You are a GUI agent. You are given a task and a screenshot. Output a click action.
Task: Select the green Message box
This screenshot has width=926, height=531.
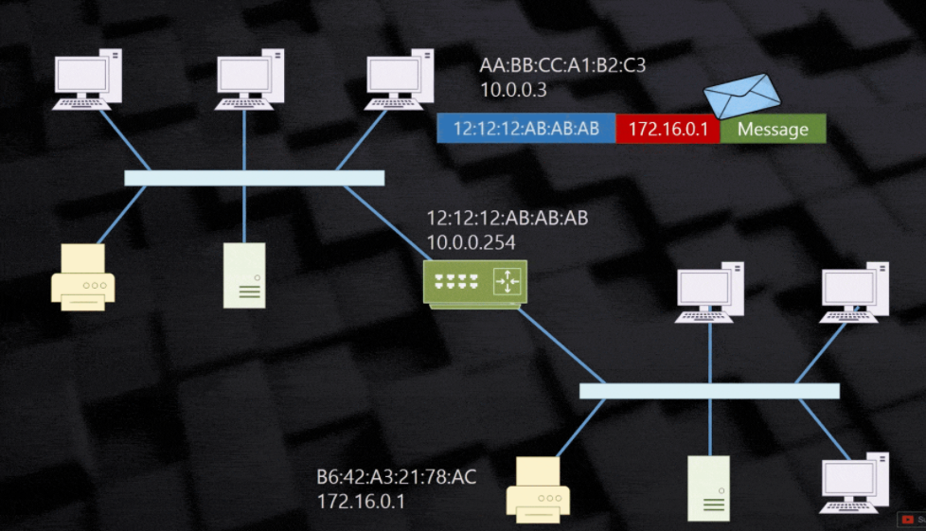coord(773,130)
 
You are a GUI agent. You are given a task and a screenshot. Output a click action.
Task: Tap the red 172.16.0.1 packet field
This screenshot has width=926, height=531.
coord(668,130)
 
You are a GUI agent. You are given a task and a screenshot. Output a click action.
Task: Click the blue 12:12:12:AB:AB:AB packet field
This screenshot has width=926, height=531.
coord(526,130)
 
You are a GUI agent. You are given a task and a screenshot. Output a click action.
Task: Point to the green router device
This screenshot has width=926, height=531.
coord(474,282)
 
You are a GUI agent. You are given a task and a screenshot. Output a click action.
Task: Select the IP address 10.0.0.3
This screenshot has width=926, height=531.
coord(513,90)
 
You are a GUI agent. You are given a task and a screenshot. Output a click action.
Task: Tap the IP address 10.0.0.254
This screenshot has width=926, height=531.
coord(471,242)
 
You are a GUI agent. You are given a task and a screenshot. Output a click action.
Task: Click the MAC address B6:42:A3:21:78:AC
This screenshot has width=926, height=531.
coord(397,476)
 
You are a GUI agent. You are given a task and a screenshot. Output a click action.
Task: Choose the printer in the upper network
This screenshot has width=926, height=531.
coord(82,276)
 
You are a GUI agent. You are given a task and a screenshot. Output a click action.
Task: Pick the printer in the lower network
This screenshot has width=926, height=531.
coord(538,490)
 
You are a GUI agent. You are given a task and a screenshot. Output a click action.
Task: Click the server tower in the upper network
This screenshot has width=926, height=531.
coord(244,275)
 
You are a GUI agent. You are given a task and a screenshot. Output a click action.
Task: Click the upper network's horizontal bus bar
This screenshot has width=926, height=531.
coord(254,178)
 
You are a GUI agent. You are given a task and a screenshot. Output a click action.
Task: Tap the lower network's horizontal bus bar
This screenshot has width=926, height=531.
coord(709,391)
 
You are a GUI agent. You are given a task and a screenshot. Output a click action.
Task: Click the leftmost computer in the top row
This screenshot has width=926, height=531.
coord(87,80)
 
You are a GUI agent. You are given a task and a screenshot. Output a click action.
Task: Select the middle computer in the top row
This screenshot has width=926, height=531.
coord(249,80)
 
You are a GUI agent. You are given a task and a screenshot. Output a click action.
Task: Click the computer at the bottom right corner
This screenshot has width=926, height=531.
coord(854,487)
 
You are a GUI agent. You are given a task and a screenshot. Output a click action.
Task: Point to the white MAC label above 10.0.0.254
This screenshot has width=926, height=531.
coord(508,220)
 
